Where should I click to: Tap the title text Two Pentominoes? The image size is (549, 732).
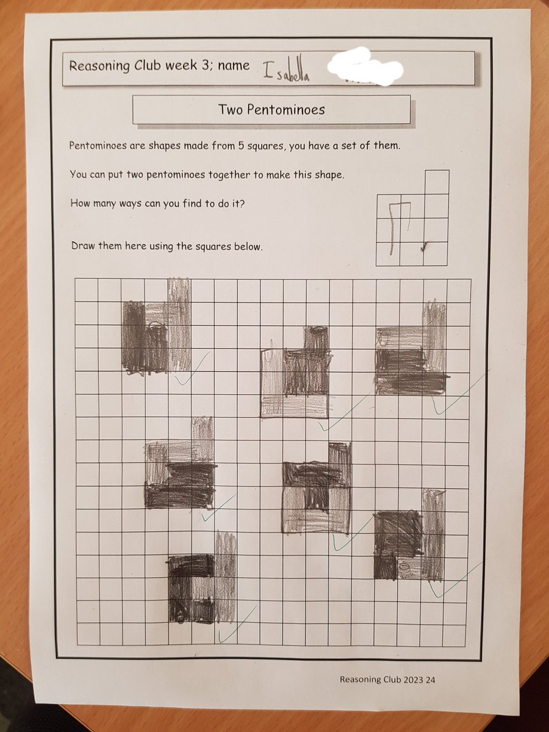click(271, 110)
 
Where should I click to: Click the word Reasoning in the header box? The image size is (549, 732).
click(98, 66)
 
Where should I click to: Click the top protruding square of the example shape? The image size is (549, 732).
click(436, 182)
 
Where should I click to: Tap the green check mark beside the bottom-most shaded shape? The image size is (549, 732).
click(235, 625)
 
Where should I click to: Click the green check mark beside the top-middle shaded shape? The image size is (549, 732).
click(342, 415)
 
